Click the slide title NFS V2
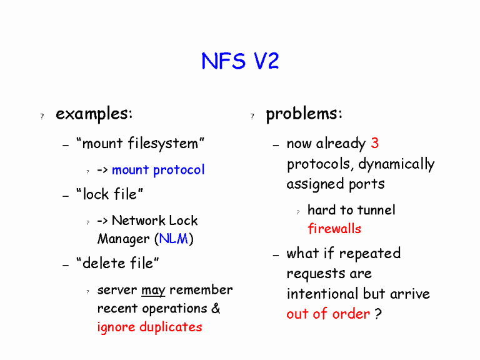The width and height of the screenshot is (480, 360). click(240, 61)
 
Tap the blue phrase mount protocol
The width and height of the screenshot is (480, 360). click(158, 170)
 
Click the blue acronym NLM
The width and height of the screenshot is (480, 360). click(173, 239)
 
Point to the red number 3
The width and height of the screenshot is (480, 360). click(374, 143)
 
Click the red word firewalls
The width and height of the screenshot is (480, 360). click(334, 229)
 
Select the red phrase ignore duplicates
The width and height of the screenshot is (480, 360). click(149, 327)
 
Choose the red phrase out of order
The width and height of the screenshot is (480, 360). click(328, 314)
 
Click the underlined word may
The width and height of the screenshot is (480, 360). click(153, 290)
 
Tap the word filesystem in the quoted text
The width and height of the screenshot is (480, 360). click(163, 144)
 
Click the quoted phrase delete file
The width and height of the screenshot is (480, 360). click(117, 264)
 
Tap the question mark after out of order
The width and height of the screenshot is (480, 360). click(378, 314)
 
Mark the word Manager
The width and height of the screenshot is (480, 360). click(124, 239)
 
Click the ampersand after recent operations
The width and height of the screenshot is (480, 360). click(216, 309)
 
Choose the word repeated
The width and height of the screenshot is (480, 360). click(369, 254)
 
